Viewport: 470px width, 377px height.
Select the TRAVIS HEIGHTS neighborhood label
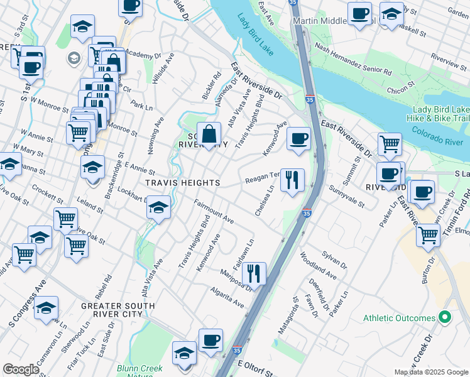[x=183, y=183]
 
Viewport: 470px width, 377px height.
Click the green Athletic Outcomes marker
[x=445, y=318]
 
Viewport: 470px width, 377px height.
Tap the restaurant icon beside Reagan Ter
[x=292, y=181]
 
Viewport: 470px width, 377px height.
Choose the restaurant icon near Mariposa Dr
[x=254, y=274]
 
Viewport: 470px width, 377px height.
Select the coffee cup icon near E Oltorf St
[x=211, y=341]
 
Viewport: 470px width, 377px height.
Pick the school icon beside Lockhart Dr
[x=159, y=207]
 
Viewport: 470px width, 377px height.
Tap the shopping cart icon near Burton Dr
[x=428, y=236]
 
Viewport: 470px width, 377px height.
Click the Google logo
[x=21, y=369]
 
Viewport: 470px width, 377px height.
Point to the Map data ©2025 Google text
[x=430, y=372]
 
